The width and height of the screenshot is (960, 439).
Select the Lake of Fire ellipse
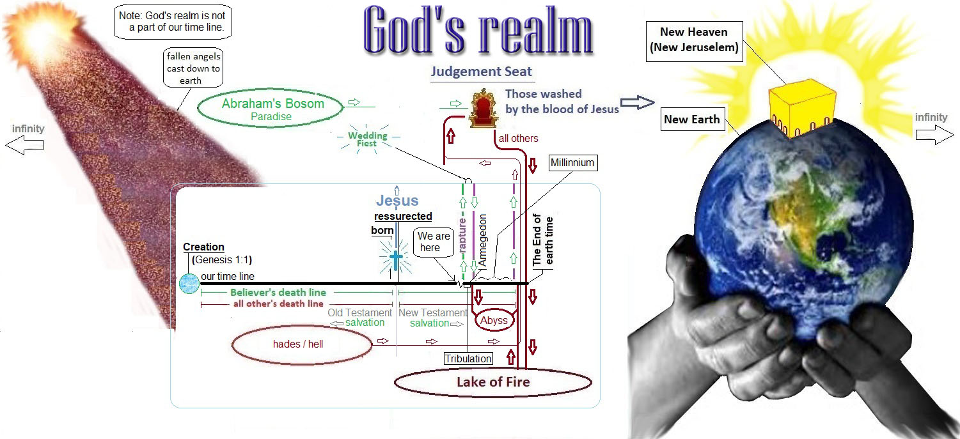point(492,382)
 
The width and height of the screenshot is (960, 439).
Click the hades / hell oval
point(301,344)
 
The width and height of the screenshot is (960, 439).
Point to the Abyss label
point(494,321)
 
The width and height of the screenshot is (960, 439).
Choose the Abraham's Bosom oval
point(272,108)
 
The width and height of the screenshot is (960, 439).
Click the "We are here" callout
point(434,242)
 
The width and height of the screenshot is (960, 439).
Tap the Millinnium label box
point(572,163)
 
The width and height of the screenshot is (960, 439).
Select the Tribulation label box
point(469,358)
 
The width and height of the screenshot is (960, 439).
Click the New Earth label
point(691,119)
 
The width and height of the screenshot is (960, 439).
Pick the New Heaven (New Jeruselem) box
point(694,40)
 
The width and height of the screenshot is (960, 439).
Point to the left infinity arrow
point(24,145)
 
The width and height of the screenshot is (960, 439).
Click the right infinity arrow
point(934,134)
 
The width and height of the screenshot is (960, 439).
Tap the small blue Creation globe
point(189,282)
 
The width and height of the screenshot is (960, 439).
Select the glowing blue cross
point(395,259)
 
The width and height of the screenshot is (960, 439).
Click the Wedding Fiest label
point(368,139)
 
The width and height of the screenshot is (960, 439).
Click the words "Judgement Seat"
point(482,72)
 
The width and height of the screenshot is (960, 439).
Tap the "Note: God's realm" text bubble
point(174,22)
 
